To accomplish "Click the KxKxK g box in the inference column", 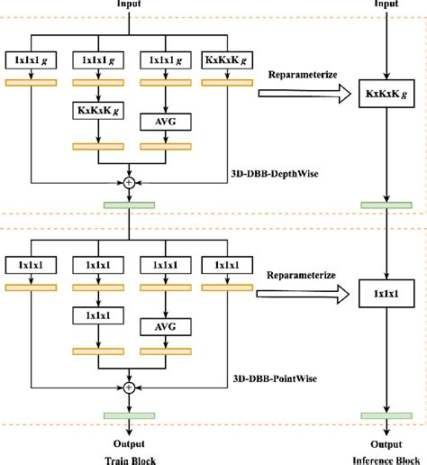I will pyautogui.click(x=385, y=94).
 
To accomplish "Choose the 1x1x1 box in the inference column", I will pyautogui.click(x=385, y=294).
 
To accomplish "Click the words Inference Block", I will pyautogui.click(x=385, y=459).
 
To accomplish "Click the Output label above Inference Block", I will pyautogui.click(x=385, y=444).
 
